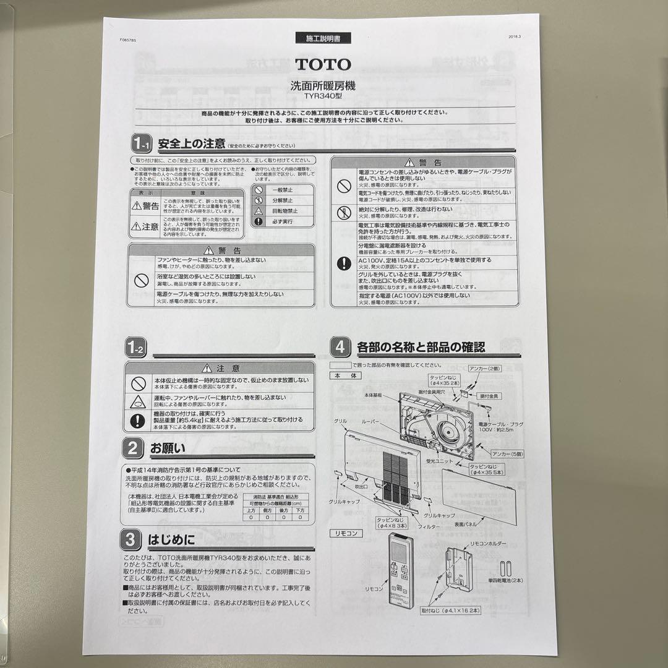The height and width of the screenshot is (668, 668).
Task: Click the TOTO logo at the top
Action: coord(322,64)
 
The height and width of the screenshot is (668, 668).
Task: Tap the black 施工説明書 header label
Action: coord(323,38)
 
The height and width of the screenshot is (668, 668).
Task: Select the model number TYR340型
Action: coord(323,96)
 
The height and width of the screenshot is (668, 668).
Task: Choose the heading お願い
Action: coord(164,447)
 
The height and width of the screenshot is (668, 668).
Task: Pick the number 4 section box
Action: coord(340,347)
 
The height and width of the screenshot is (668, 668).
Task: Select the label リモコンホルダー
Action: coord(488,544)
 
